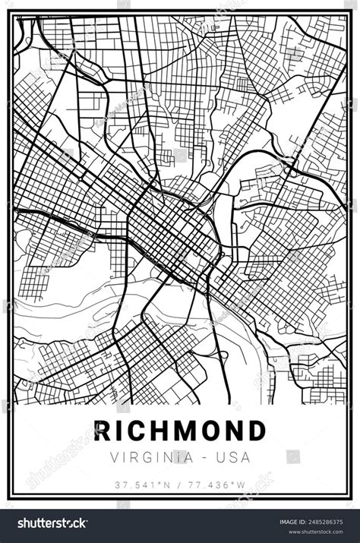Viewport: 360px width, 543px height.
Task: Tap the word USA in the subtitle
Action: pos(232,457)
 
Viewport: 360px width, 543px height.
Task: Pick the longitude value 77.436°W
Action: pos(217,485)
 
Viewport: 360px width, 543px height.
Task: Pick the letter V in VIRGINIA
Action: pos(115,457)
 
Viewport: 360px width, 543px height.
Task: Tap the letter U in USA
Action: pos(219,457)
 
